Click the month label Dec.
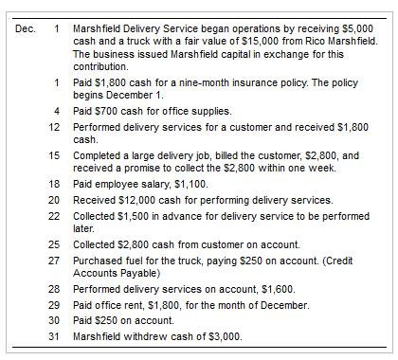click(x=26, y=27)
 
